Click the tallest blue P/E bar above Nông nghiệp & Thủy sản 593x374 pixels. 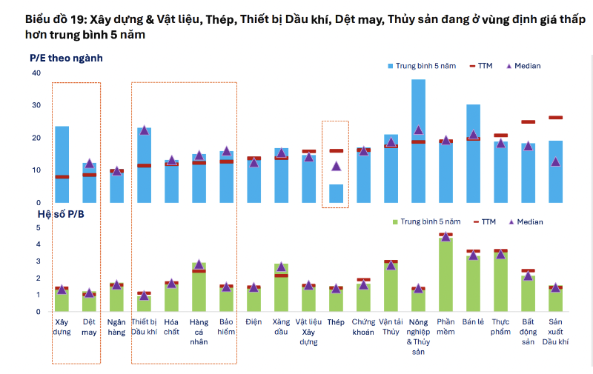(418, 141)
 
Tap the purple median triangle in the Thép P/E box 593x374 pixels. (336, 166)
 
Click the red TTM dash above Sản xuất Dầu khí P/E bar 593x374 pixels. (555, 117)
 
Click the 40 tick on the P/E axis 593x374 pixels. (36, 73)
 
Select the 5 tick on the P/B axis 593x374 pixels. (39, 227)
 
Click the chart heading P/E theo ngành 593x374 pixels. (65, 57)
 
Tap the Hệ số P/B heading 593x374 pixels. (61, 213)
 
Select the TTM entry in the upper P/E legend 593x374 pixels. (482, 66)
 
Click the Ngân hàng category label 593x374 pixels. (116, 327)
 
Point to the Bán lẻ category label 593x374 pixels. (473, 322)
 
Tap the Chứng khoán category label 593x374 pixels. (363, 327)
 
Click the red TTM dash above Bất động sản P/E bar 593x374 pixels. (528, 121)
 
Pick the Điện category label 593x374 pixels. (254, 322)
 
